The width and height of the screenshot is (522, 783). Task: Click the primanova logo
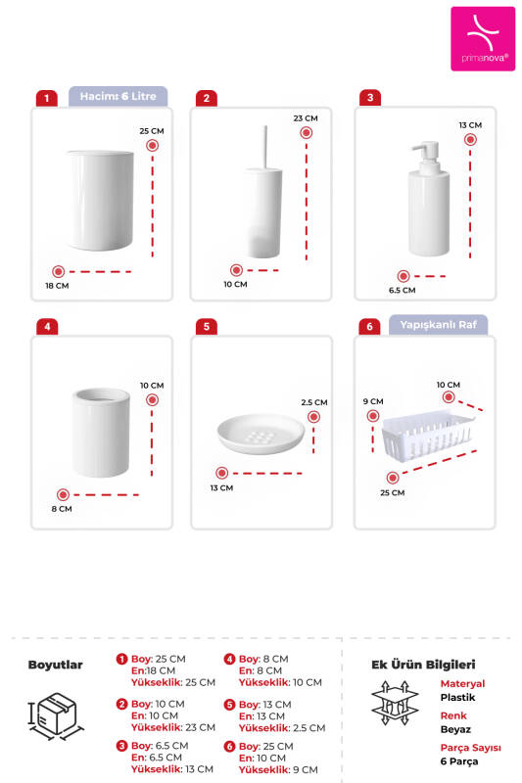(x=482, y=38)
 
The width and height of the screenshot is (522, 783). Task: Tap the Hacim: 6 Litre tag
(x=119, y=96)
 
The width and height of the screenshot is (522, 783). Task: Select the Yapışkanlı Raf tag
(x=438, y=325)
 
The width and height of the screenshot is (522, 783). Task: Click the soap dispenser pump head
(x=425, y=153)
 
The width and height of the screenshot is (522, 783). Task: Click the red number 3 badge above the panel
(x=369, y=98)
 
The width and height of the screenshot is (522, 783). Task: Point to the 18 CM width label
(x=57, y=286)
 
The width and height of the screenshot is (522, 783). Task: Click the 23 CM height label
(x=305, y=117)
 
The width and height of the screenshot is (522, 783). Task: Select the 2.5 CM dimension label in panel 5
(x=313, y=402)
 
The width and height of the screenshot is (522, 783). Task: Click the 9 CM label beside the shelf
(x=372, y=401)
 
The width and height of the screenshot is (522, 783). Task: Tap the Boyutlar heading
(x=55, y=665)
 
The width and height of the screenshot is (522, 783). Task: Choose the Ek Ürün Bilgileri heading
(x=422, y=665)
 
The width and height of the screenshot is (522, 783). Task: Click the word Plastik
(x=457, y=698)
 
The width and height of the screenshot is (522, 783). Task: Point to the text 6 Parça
(x=456, y=760)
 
